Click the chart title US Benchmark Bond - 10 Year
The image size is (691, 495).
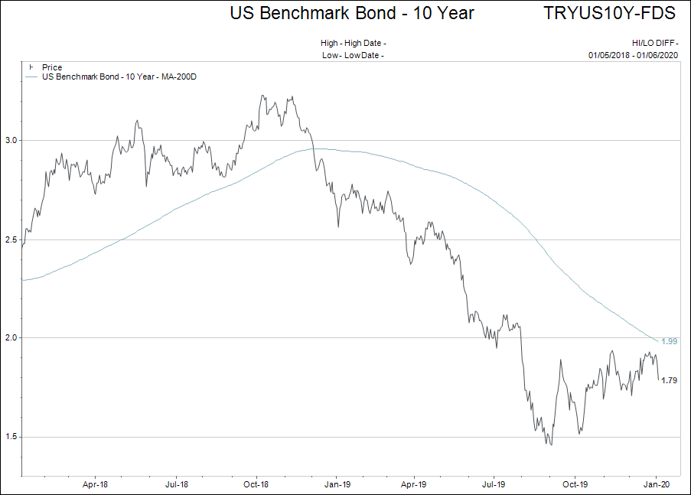(x=352, y=13)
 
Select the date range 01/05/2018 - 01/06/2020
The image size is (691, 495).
(x=633, y=55)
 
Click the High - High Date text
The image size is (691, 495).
(x=353, y=44)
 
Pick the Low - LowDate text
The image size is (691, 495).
(x=353, y=55)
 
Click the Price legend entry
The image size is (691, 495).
(x=52, y=68)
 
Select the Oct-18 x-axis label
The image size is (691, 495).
(x=256, y=484)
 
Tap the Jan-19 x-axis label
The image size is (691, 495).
(x=337, y=484)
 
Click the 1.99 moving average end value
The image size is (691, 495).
(x=669, y=341)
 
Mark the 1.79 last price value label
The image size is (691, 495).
(x=669, y=380)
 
